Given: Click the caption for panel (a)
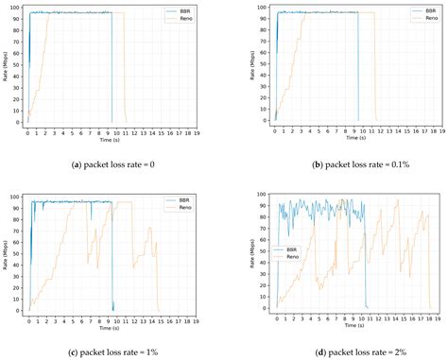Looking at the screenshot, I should [x=111, y=164].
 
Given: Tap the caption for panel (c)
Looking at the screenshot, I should [x=111, y=351].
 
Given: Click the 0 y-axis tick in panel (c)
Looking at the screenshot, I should [x=22, y=310].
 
